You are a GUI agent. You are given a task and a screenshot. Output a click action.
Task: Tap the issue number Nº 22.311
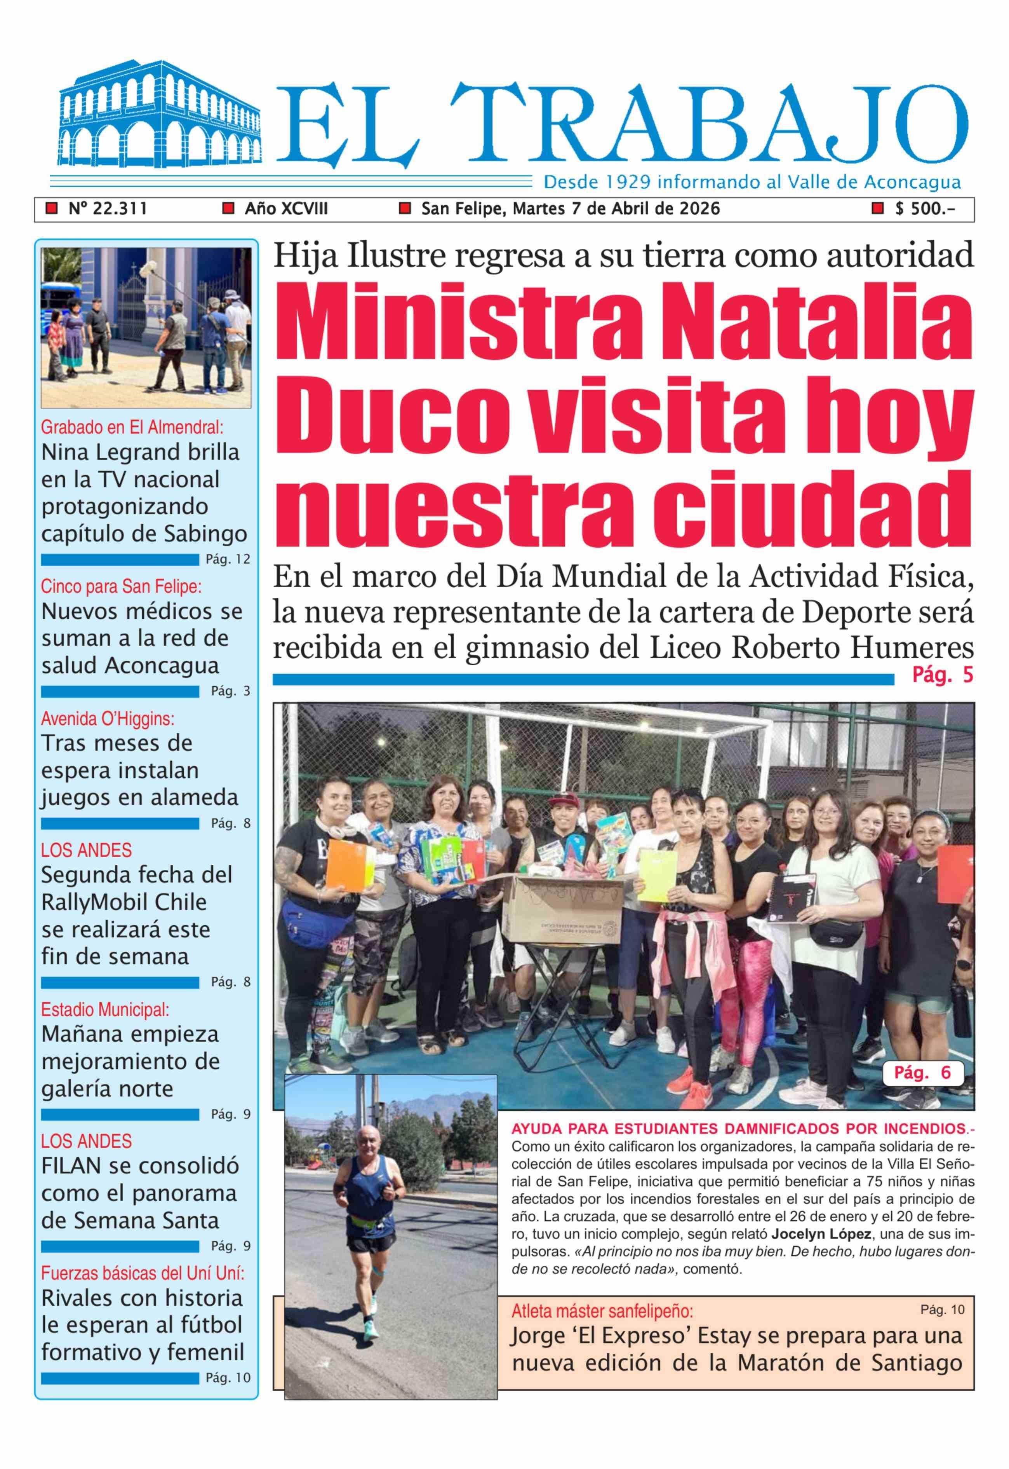pos(108,209)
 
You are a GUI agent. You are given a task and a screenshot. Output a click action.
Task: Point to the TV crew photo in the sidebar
pos(146,327)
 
